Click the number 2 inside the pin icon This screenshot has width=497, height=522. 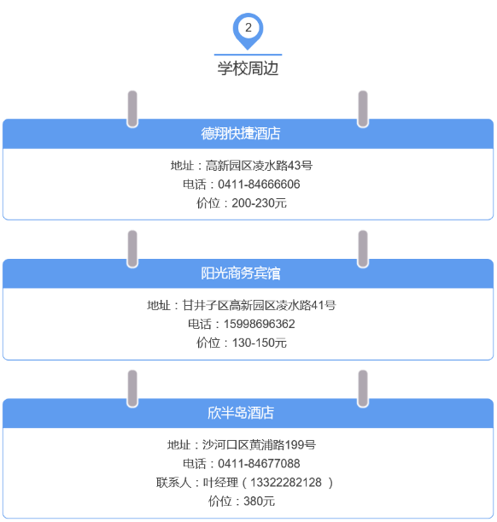tap(248, 27)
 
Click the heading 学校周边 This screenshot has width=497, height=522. tap(248, 68)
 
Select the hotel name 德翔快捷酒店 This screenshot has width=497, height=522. tap(241, 133)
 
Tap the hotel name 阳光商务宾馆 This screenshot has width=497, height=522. tap(241, 273)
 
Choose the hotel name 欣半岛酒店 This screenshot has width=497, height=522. tap(241, 413)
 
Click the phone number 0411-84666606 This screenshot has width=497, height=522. tap(259, 185)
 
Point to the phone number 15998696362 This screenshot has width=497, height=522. tap(259, 324)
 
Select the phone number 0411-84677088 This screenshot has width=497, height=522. tap(259, 463)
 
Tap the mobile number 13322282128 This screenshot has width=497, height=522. tap(286, 483)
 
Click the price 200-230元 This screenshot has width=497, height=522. tap(259, 203)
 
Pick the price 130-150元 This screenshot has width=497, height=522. tap(259, 343)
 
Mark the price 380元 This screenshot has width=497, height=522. tap(259, 501)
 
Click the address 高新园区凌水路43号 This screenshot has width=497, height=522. tap(259, 166)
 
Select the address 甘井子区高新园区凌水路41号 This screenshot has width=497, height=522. tap(259, 305)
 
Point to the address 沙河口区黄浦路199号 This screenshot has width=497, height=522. tap(259, 445)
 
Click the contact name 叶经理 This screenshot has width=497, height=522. tap(220, 483)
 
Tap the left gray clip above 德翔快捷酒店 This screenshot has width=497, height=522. tap(132, 109)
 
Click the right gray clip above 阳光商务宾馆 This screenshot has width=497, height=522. tap(363, 249)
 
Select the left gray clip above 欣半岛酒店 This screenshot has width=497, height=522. tap(132, 389)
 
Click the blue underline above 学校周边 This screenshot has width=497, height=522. tap(248, 55)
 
